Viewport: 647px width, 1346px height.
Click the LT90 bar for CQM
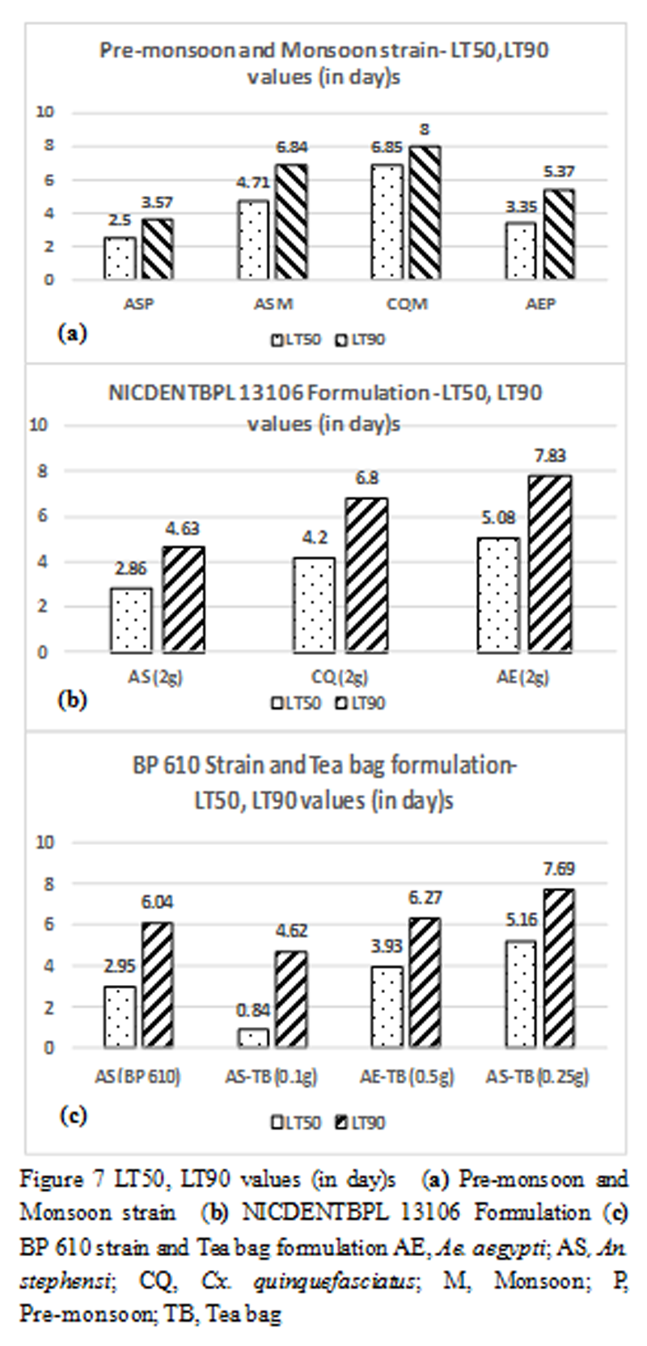tap(425, 213)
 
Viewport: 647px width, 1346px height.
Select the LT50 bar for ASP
tap(119, 258)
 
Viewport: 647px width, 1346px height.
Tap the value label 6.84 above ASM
tap(292, 147)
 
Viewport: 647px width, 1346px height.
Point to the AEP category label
tap(541, 304)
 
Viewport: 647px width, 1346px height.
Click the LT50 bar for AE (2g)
tap(498, 595)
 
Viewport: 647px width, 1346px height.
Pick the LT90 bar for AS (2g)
tap(184, 599)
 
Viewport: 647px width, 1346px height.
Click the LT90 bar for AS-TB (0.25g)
tap(554, 968)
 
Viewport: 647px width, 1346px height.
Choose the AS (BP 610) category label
tap(137, 1076)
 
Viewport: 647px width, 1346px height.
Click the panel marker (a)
tap(71, 333)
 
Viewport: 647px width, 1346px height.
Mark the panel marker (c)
tap(73, 1115)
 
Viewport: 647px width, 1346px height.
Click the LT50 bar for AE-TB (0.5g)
tap(387, 1007)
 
